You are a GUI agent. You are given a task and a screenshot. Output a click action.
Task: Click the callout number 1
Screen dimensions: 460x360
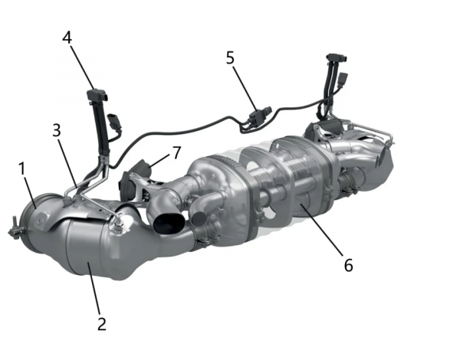[x=21, y=169]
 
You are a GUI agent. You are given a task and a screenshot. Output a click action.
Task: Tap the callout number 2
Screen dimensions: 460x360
[x=101, y=324]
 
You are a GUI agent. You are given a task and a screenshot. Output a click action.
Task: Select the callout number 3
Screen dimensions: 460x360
[x=56, y=130]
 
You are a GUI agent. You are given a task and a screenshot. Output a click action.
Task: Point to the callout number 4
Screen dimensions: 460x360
[x=67, y=38]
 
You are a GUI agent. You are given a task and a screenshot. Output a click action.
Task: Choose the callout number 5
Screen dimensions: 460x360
[x=230, y=57]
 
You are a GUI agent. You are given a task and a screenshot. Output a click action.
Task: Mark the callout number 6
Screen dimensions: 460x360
[x=348, y=265]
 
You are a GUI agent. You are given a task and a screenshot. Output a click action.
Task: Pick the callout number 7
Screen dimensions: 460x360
[x=176, y=152]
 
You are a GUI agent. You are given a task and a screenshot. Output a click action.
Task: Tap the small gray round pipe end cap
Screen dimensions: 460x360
[x=199, y=218]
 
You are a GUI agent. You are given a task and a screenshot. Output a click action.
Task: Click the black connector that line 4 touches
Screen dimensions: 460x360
[x=97, y=95]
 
